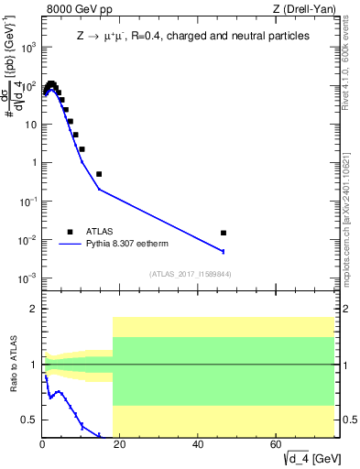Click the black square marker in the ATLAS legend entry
70,232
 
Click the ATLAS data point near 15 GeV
99,173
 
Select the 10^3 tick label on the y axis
29,48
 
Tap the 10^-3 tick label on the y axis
29,278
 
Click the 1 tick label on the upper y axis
35,163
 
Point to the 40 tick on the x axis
199,444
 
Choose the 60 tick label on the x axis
277,444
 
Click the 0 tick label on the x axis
42,444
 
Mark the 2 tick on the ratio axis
35,309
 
